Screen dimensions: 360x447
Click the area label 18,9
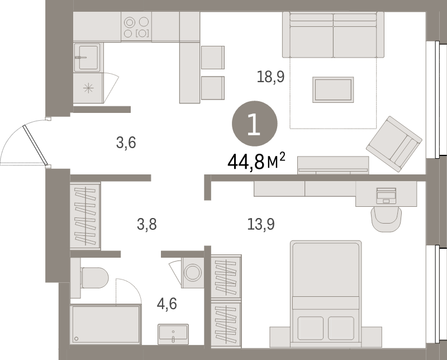tap(270, 76)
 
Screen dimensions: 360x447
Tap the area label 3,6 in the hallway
tap(126, 143)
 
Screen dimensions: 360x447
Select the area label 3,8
tap(147, 225)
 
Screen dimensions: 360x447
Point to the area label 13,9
tap(261, 225)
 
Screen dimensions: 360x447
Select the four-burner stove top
tap(137, 27)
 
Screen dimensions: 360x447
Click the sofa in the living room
tap(333, 35)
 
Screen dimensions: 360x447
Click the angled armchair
tap(394, 143)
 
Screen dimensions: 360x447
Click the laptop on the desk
tap(386, 195)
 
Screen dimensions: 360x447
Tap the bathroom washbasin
tap(174, 334)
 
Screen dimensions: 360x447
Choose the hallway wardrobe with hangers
tap(85, 216)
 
